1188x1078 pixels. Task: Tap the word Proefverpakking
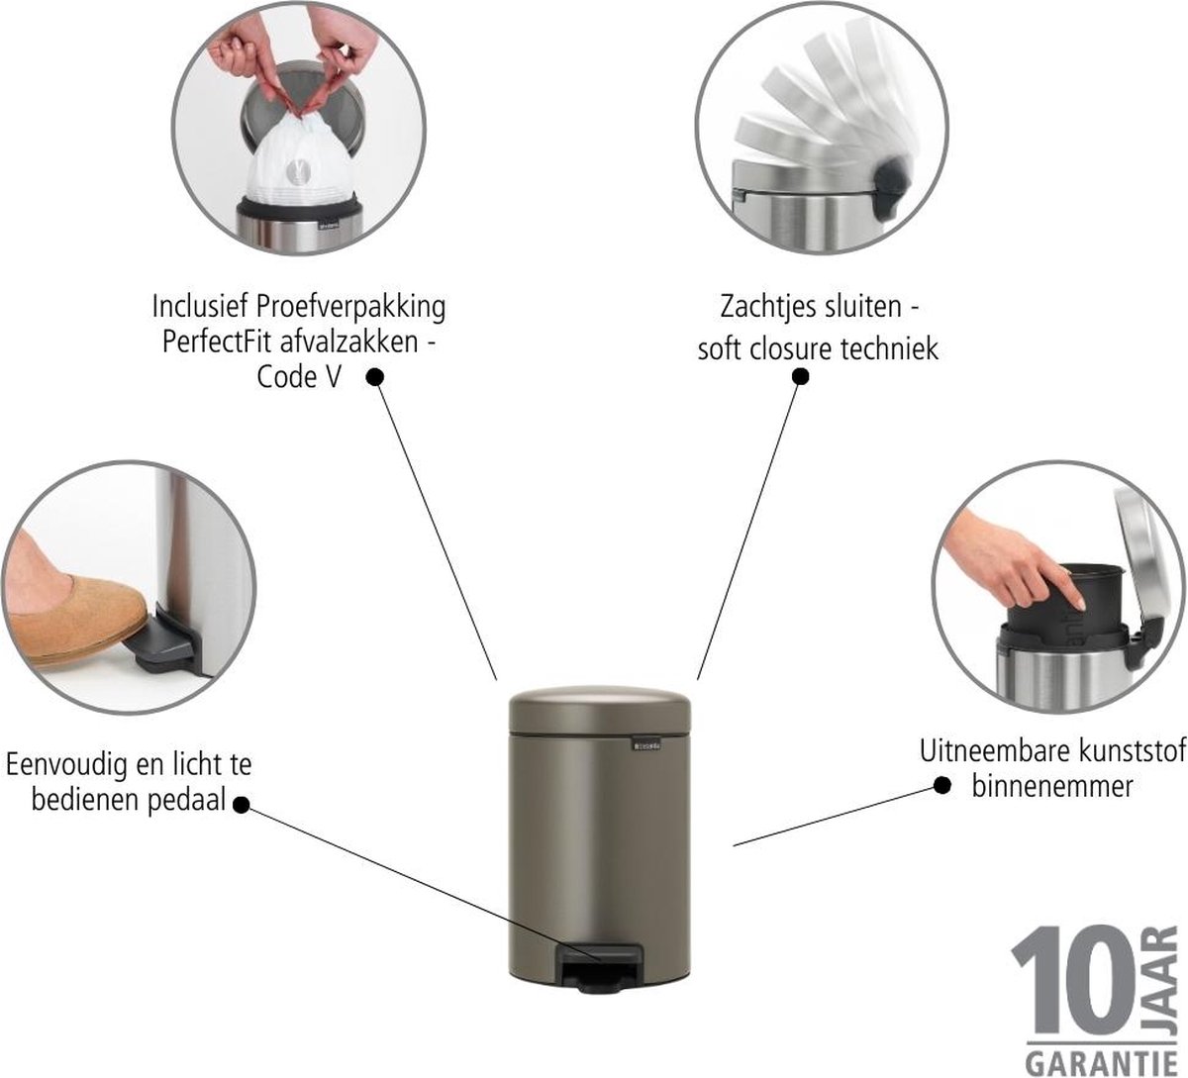tap(350, 308)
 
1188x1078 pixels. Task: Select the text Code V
tap(298, 377)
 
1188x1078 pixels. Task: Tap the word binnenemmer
tap(1052, 787)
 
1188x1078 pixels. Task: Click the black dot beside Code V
tap(375, 377)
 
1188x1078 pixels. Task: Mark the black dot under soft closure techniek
tap(801, 377)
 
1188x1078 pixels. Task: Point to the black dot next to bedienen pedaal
tap(241, 805)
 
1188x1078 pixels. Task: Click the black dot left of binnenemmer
tap(942, 786)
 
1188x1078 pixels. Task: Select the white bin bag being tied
tap(298, 161)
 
